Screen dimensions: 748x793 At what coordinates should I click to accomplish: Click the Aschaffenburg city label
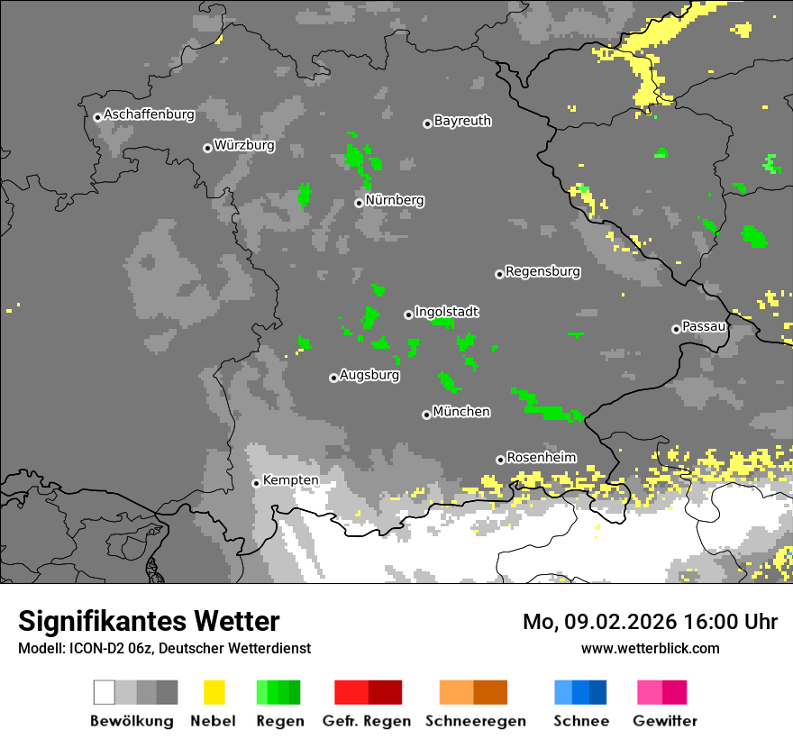(149, 114)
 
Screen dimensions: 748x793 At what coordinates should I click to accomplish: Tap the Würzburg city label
(244, 145)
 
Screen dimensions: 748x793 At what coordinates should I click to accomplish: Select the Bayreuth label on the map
(462, 121)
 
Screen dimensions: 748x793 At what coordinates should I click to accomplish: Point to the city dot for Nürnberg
(359, 203)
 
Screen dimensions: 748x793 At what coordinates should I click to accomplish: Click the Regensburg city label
(542, 271)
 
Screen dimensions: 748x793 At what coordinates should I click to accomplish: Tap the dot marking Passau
(676, 329)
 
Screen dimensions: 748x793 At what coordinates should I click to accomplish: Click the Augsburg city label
(369, 375)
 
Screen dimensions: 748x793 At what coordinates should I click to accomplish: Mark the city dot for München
(426, 415)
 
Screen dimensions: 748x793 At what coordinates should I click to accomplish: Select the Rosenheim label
(541, 458)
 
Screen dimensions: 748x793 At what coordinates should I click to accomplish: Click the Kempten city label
(290, 480)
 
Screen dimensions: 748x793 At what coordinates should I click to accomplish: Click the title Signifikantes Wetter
(149, 621)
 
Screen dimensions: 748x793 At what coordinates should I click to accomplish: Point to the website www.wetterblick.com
(650, 648)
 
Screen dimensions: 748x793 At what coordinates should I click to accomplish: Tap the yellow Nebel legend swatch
(214, 692)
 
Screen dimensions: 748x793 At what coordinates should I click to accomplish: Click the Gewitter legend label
(664, 721)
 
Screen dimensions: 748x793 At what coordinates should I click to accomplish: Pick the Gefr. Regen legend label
(367, 721)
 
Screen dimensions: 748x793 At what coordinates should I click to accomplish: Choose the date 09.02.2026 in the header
(621, 622)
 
